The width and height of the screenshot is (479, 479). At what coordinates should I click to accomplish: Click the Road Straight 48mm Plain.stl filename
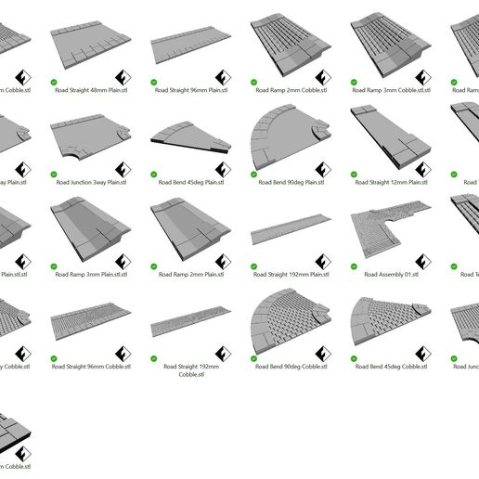91,91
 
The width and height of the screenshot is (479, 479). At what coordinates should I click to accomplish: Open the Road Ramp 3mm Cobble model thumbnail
389,42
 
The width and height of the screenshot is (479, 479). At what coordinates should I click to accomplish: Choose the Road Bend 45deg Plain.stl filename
190,183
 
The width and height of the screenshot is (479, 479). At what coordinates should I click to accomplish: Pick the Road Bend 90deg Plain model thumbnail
290,137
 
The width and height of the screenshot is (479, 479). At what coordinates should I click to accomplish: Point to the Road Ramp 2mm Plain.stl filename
190,275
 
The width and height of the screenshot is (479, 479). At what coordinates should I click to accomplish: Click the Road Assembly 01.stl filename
392,275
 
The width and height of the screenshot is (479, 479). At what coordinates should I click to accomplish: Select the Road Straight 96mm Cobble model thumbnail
91,321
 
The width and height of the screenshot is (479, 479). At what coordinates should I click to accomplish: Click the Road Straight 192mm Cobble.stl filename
190,371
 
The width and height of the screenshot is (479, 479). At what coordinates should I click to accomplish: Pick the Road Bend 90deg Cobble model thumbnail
290,321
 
